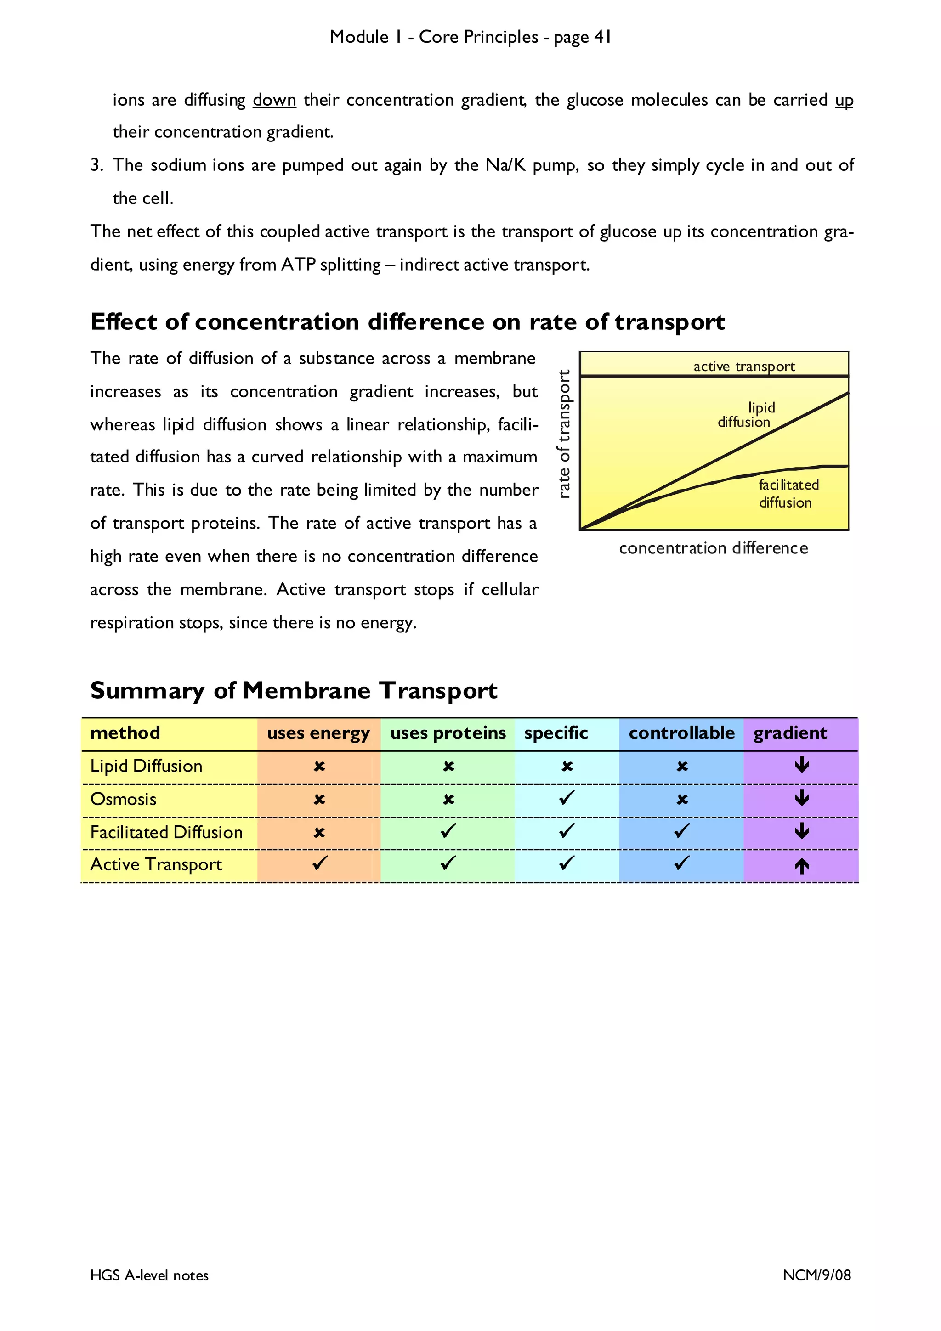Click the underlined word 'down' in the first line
[274, 100]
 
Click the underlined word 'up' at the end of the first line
[844, 100]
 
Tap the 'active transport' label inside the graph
[744, 367]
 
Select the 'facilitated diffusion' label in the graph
[788, 493]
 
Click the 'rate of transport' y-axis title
[564, 434]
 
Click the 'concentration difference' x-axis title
[713, 548]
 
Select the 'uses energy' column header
[318, 733]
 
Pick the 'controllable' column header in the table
[681, 733]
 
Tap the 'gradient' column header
[790, 733]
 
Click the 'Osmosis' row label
[124, 800]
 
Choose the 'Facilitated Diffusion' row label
[166, 833]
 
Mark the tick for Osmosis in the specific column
[567, 798]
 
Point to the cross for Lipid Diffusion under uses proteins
[448, 767]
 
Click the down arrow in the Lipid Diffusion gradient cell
[802, 765]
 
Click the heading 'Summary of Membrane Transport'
[294, 690]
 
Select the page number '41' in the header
[602, 37]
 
